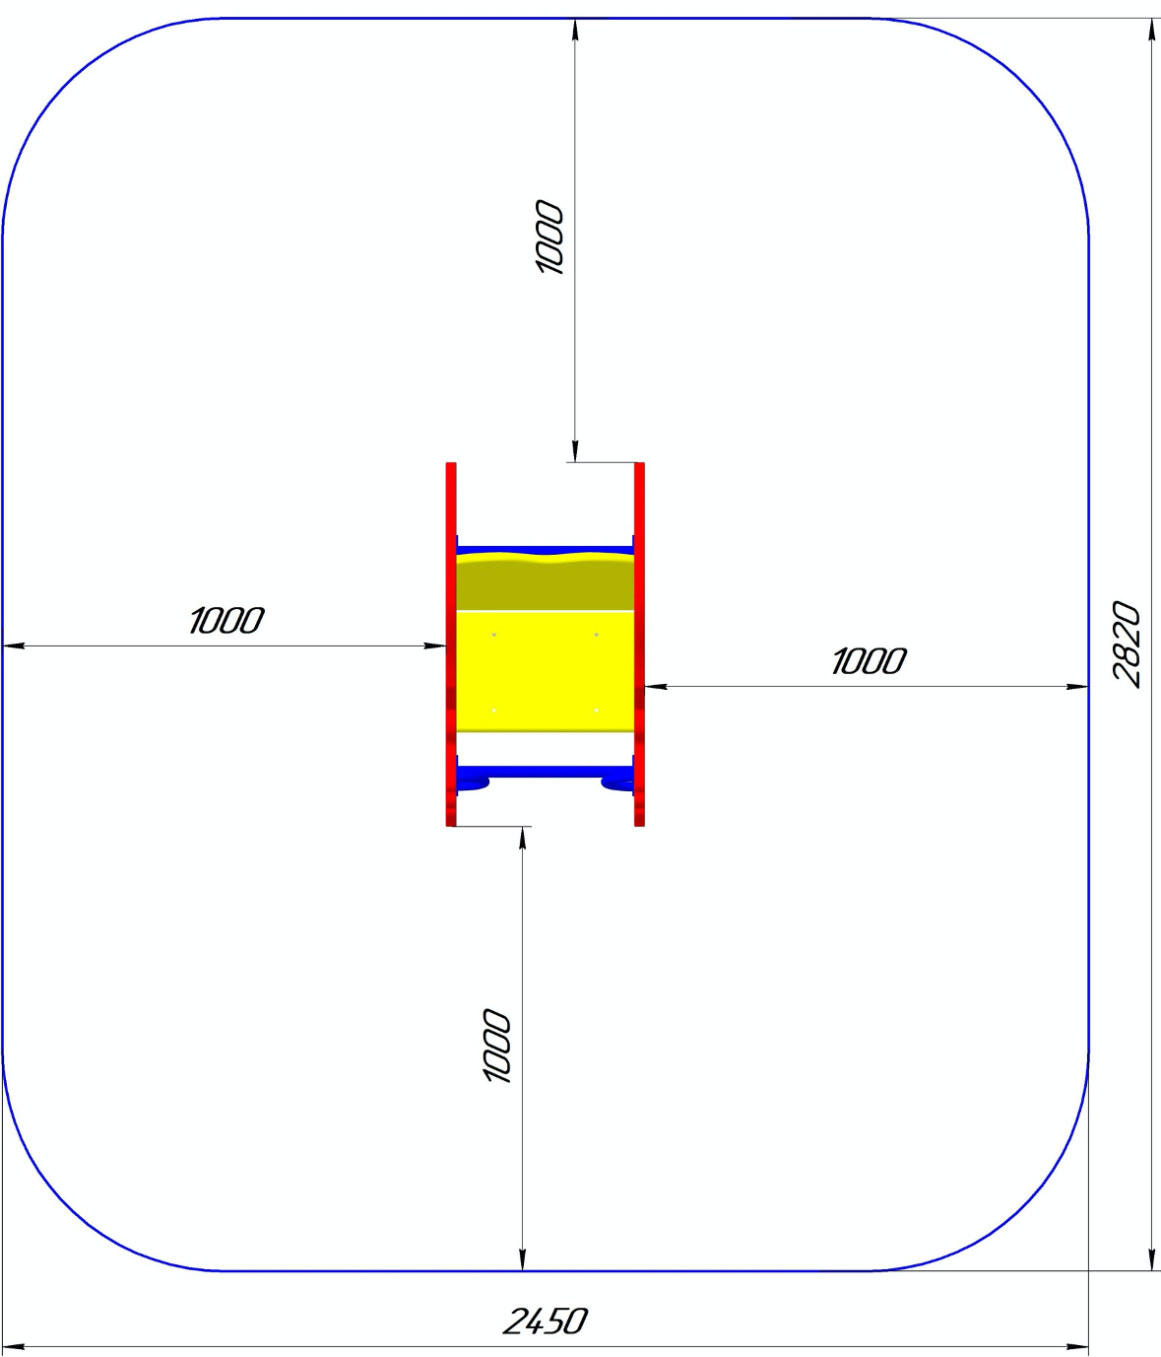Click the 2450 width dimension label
(x=546, y=1321)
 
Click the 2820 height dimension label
(x=1128, y=645)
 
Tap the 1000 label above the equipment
(x=549, y=237)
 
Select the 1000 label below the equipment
(x=496, y=1046)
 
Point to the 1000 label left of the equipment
(x=226, y=621)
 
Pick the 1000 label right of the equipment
(x=870, y=661)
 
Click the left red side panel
(x=451, y=645)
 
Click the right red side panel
(x=639, y=645)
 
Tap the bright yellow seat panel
(x=546, y=671)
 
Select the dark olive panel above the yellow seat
(x=546, y=581)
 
